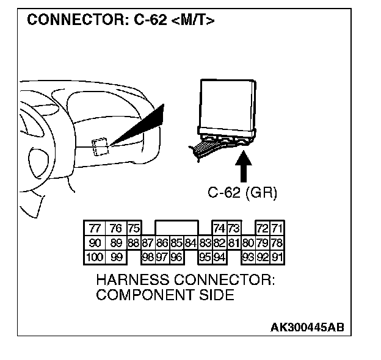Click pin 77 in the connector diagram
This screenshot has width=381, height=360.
pos(95,229)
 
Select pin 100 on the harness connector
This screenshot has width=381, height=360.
pos(95,257)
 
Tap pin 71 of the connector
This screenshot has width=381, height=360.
pos(278,229)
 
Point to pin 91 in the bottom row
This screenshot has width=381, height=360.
pos(278,257)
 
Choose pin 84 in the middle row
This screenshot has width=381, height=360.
pos(191,243)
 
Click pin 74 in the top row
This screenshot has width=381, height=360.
pos(219,229)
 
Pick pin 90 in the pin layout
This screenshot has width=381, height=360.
pos(95,243)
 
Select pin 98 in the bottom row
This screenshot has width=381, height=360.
pos(148,257)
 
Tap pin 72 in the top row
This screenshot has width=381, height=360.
pos(263,229)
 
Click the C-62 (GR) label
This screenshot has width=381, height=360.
pos(242,193)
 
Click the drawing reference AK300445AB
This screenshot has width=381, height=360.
pos(307,327)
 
